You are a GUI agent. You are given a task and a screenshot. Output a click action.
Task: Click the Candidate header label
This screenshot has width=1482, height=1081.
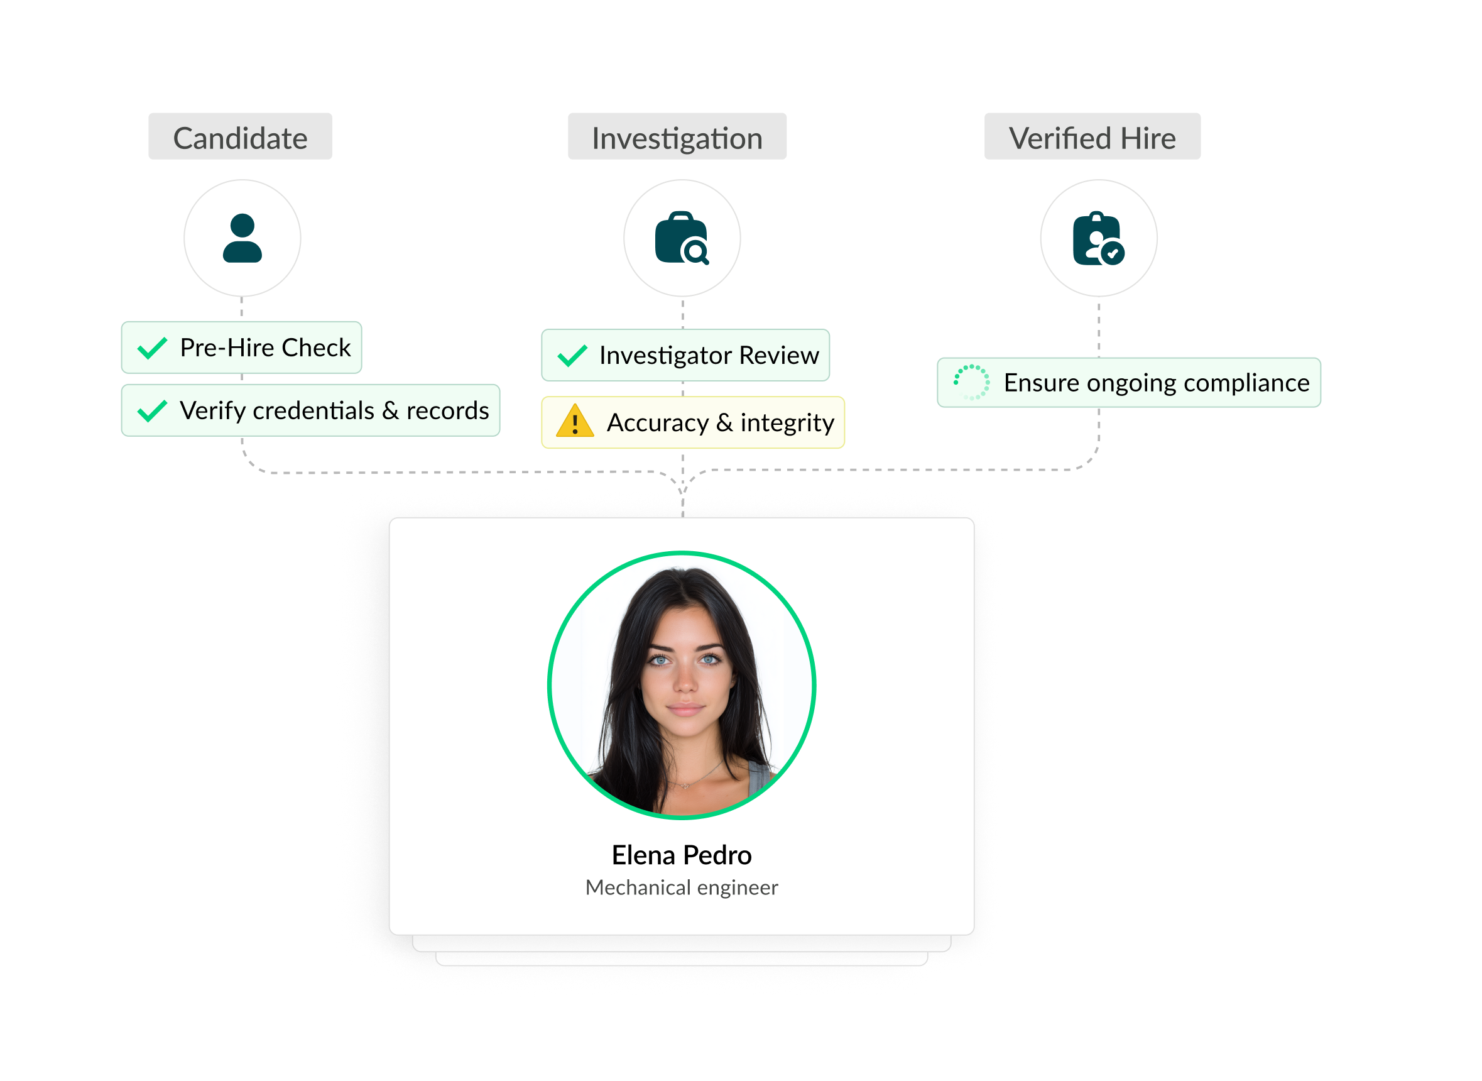point(240,138)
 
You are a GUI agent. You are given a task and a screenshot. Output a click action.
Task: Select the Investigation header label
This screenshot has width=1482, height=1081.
point(677,138)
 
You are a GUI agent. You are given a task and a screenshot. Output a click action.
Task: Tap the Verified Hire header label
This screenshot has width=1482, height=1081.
point(1092,138)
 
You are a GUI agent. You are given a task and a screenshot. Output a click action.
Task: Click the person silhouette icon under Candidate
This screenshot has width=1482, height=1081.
point(242,238)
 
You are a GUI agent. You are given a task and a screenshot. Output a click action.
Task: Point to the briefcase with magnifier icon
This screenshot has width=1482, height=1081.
point(682,238)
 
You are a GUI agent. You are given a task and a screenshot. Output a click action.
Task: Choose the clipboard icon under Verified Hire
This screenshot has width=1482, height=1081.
point(1098,238)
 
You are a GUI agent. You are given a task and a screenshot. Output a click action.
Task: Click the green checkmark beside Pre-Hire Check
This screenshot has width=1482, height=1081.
point(153,348)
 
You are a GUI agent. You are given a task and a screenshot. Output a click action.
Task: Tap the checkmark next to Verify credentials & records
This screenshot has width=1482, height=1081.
point(153,410)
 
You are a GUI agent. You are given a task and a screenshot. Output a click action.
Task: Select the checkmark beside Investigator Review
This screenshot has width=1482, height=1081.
point(572,355)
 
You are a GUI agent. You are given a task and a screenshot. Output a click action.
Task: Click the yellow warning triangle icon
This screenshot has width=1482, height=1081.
point(574,422)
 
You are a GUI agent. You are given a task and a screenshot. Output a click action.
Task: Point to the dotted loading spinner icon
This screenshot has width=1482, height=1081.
point(971,382)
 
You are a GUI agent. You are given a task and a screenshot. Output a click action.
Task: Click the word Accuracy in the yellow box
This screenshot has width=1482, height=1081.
point(657,423)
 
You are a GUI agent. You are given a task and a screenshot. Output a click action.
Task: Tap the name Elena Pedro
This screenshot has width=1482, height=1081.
point(682,855)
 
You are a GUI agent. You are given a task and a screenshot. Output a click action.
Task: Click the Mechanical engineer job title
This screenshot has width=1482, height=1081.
point(682,887)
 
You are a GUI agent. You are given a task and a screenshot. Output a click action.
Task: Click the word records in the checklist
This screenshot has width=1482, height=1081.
point(447,410)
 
